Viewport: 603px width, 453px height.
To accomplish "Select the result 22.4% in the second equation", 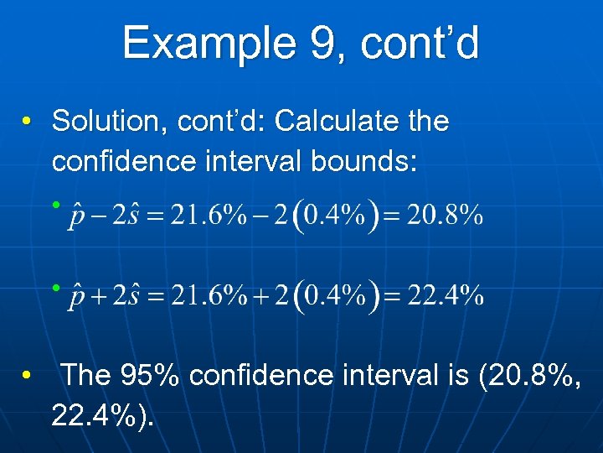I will [445, 296].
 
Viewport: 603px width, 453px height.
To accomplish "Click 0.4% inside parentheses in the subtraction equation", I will [335, 216].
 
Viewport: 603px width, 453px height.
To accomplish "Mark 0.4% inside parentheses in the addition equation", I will [335, 296].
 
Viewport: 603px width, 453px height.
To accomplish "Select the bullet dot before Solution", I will [28, 122].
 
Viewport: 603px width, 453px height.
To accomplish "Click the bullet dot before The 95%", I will [28, 376].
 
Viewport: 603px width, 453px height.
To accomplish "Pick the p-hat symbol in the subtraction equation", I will [78, 216].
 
